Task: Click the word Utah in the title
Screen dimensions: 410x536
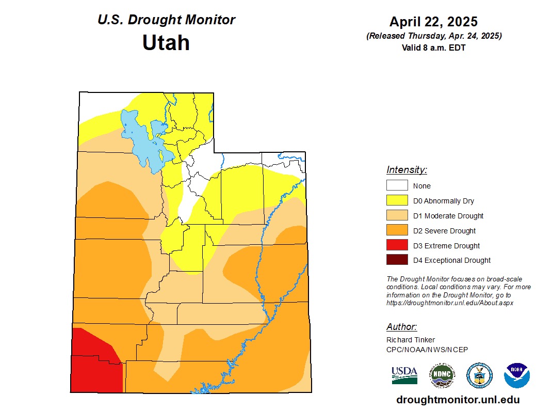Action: tap(166, 42)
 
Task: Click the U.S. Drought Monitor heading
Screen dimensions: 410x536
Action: tap(166, 20)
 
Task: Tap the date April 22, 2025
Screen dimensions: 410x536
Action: tap(433, 22)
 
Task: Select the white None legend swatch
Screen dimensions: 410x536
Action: tap(397, 186)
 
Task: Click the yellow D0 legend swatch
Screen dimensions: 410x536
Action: tap(397, 201)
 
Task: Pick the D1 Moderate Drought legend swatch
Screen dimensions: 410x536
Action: tap(397, 216)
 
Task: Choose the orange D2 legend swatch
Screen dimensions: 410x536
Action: tap(397, 231)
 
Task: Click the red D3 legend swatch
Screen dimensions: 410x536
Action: tap(397, 246)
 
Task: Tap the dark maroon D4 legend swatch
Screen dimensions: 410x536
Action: tap(397, 260)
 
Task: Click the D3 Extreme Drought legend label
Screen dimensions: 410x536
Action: tap(446, 246)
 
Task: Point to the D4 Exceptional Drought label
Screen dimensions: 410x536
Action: tap(452, 260)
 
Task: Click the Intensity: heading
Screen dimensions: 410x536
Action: tap(407, 170)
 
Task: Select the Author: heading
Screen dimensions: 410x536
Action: tap(401, 327)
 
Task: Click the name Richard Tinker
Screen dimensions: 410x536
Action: tap(411, 340)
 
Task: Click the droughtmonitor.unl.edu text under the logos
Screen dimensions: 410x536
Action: tap(458, 400)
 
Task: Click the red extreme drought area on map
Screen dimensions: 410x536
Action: tap(93, 367)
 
